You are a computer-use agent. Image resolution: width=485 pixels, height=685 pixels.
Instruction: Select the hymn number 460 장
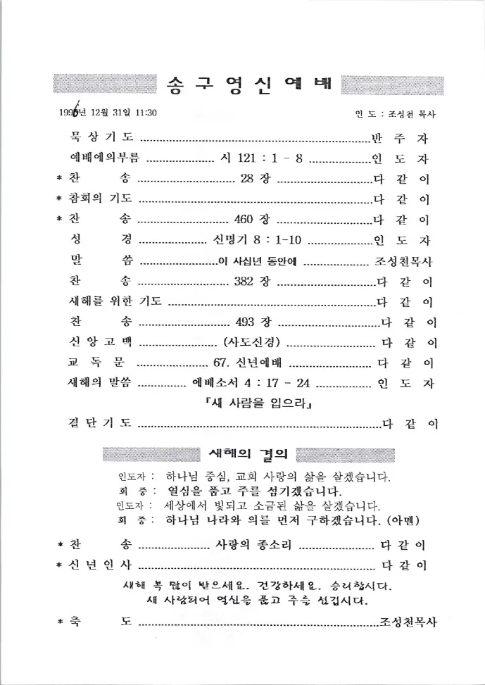point(252,219)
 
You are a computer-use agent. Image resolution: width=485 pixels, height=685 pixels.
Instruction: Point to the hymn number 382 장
point(251,282)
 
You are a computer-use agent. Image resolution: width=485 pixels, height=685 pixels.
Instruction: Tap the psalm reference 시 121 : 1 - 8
point(261,158)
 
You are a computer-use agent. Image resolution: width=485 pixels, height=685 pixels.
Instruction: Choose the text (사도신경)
point(252,344)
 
